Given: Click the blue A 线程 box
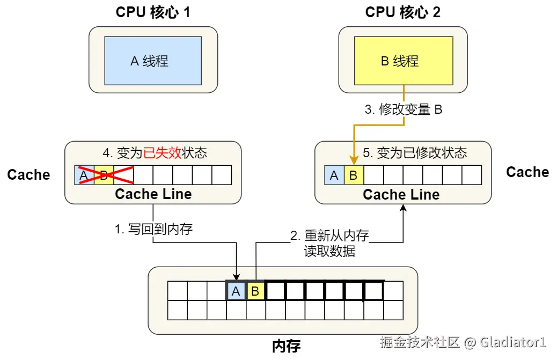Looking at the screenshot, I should click(x=153, y=61).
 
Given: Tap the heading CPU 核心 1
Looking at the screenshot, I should click(x=153, y=12).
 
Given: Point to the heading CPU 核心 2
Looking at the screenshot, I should click(x=403, y=12).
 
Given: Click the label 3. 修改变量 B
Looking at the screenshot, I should click(x=403, y=110).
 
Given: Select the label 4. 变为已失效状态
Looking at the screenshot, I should click(x=155, y=153).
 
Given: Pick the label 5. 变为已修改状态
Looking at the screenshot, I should click(x=415, y=153).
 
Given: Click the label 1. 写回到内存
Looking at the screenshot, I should click(x=153, y=230).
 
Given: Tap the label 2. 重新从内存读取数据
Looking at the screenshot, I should click(x=329, y=243).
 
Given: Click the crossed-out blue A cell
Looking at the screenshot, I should click(x=84, y=175).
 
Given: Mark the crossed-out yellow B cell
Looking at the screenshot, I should click(x=104, y=175).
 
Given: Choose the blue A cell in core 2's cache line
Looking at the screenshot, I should click(x=334, y=175).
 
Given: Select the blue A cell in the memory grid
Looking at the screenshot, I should click(x=236, y=291).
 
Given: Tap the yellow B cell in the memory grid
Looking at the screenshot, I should click(x=255, y=291).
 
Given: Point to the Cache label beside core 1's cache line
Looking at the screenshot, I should click(x=28, y=175).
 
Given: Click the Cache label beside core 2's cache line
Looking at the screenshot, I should click(x=527, y=172).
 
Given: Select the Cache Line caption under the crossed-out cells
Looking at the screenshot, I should click(x=153, y=194).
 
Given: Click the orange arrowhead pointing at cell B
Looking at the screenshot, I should click(x=354, y=160).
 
